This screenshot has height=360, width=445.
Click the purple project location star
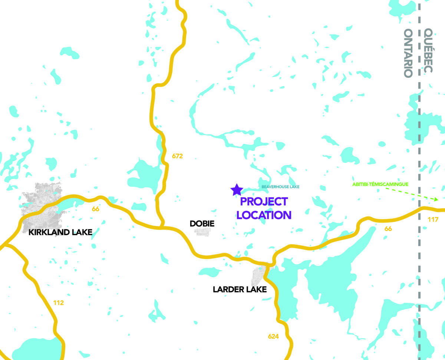[x=237, y=190]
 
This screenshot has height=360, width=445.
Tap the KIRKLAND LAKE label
[x=60, y=232]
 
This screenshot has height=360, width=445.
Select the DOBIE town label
[x=202, y=224]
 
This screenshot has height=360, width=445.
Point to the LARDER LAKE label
[x=240, y=290]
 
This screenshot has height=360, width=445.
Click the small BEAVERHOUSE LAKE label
[x=280, y=186]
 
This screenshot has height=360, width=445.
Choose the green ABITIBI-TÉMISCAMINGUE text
[x=380, y=184]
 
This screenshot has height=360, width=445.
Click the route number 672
[x=177, y=156]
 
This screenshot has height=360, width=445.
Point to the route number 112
[x=58, y=303]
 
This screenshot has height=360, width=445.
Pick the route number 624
[x=273, y=337]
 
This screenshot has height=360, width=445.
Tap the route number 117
[x=433, y=220]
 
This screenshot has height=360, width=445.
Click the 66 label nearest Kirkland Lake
[x=96, y=209]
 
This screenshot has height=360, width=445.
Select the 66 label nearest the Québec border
[x=388, y=229]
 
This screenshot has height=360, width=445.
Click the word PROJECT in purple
[x=264, y=202]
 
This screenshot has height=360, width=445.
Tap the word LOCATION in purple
[x=264, y=215]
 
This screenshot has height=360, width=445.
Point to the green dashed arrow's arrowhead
[x=436, y=199]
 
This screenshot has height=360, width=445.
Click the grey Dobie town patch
[x=202, y=232]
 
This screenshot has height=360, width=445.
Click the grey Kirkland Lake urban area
[x=41, y=208]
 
